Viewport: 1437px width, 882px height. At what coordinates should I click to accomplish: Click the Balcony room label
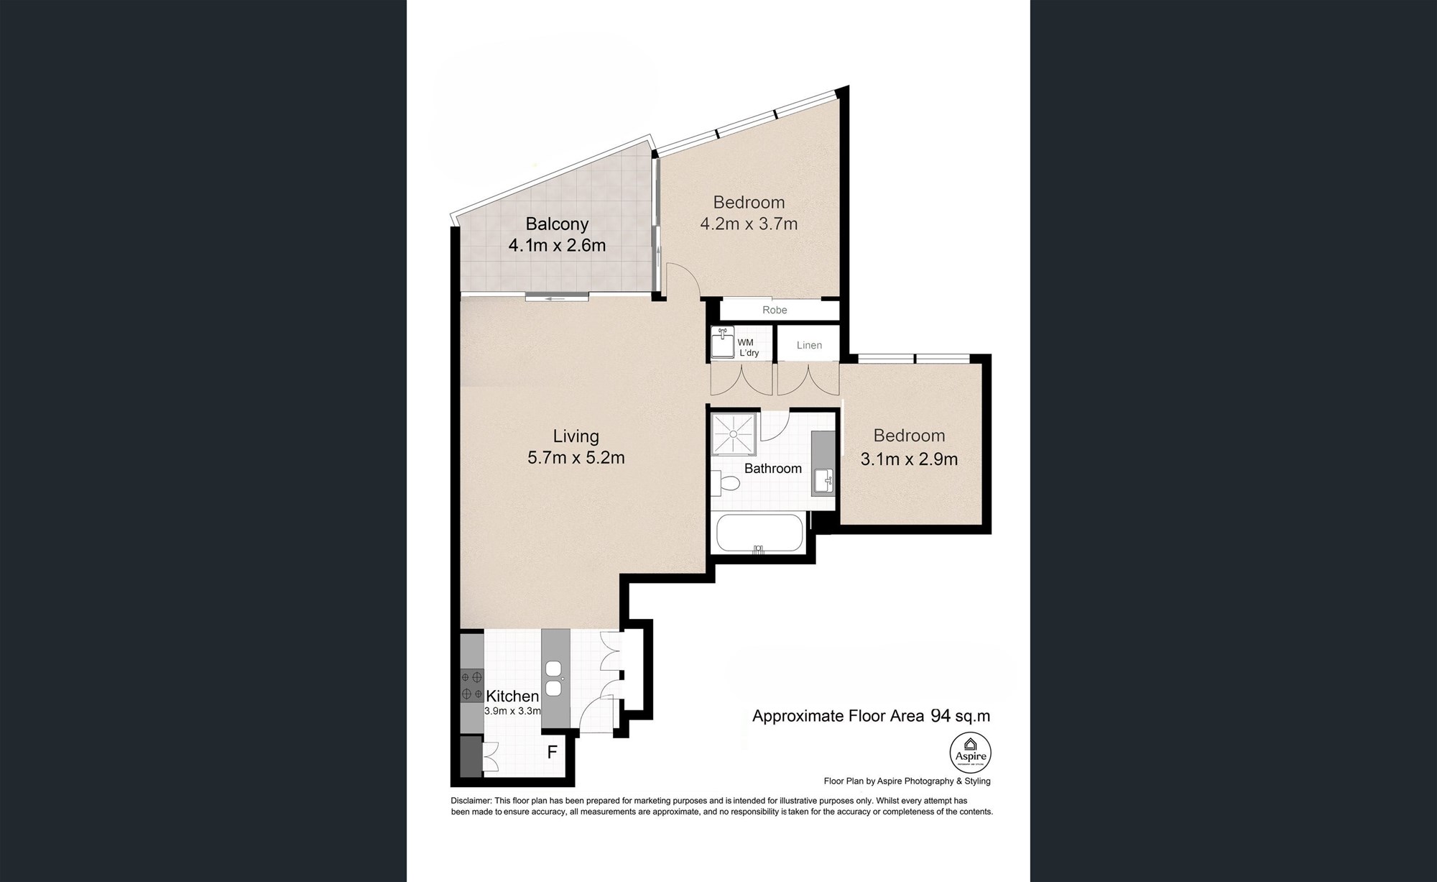557,224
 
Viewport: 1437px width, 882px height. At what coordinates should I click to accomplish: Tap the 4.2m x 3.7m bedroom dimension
749,224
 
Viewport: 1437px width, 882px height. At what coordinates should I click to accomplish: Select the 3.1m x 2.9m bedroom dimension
909,459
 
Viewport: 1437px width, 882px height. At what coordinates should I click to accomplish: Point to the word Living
576,436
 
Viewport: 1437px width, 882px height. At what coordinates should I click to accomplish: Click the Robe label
775,310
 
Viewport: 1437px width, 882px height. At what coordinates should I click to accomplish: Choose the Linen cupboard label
809,345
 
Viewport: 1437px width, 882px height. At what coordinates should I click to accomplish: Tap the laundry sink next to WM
722,343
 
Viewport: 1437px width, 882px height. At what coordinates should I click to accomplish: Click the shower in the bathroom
734,434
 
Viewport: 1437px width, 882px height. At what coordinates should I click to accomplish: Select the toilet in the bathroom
726,484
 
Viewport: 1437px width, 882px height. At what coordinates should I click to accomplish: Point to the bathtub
759,533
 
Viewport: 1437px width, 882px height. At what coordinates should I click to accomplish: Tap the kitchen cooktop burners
472,685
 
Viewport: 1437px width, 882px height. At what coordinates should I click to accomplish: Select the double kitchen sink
554,679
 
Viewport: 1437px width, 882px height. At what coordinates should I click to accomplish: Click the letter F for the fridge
553,753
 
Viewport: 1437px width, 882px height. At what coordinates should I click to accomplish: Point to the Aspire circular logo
970,753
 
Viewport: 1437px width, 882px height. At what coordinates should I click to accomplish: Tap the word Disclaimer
471,801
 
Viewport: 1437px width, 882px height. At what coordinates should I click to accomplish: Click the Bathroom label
772,469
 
